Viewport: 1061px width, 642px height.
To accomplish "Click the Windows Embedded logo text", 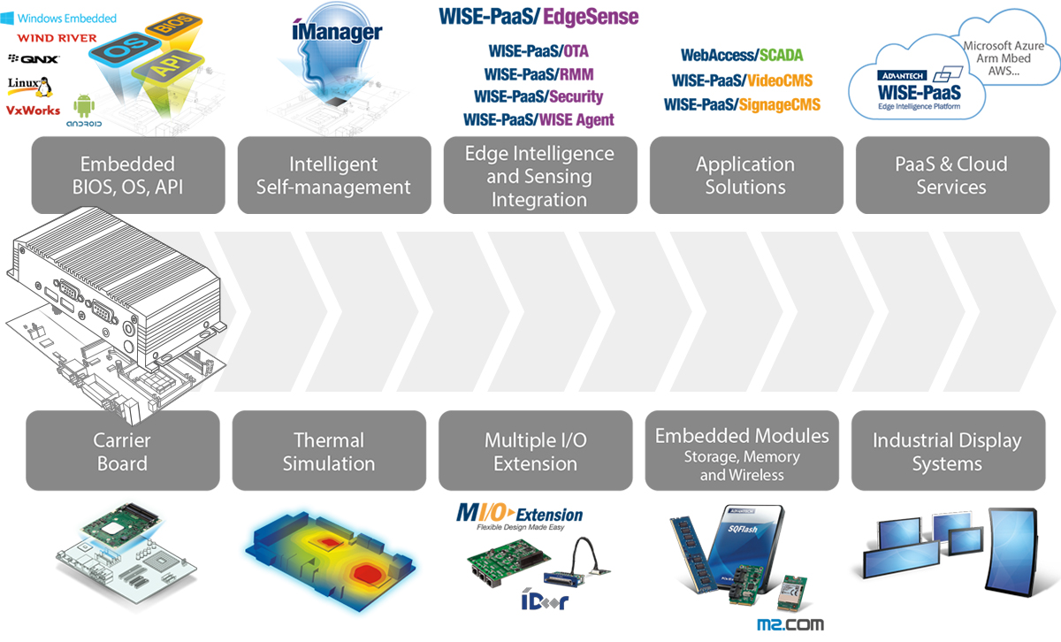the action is pyautogui.click(x=67, y=19).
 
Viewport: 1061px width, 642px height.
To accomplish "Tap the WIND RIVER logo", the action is pyautogui.click(x=57, y=38).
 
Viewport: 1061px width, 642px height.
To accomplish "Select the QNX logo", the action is pyautogui.click(x=34, y=58).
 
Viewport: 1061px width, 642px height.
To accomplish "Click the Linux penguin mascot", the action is pyautogui.click(x=44, y=87).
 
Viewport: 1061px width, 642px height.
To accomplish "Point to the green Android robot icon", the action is pyautogui.click(x=84, y=105).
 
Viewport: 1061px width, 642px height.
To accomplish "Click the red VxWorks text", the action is pyautogui.click(x=34, y=111).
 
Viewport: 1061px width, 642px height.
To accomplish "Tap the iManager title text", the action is pyautogui.click(x=337, y=31).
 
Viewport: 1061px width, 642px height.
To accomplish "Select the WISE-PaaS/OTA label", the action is pyautogui.click(x=538, y=51).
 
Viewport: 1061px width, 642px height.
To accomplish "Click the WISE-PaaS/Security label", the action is pyautogui.click(x=538, y=96).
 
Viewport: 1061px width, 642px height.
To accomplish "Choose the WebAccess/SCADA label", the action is pyautogui.click(x=742, y=55).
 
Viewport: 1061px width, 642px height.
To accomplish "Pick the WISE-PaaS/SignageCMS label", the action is pyautogui.click(x=742, y=104).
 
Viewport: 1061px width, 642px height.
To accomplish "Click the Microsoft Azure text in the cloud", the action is pyautogui.click(x=1004, y=46).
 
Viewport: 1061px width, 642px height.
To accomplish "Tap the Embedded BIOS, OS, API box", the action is pyautogui.click(x=128, y=175).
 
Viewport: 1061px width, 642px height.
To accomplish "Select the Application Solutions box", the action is pyautogui.click(x=746, y=175).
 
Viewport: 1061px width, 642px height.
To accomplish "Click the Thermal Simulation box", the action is pyautogui.click(x=329, y=451).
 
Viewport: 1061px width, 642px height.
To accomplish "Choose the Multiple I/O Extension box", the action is pyautogui.click(x=535, y=451).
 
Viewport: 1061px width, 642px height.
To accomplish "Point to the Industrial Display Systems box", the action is pyautogui.click(x=948, y=451).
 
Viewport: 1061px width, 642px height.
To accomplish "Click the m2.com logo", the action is pyautogui.click(x=790, y=624).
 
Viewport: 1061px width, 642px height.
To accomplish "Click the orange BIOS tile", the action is pyautogui.click(x=174, y=25).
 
